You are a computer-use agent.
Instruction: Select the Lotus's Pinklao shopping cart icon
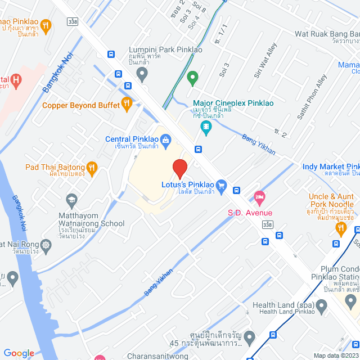[x=221, y=184]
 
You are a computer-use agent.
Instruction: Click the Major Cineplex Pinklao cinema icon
[x=206, y=129]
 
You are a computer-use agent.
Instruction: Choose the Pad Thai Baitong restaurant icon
[x=92, y=167]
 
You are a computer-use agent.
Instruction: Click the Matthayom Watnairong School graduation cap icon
[x=71, y=200]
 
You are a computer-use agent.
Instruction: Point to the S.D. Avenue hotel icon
[x=259, y=197]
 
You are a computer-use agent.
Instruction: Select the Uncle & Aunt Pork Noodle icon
[x=340, y=228]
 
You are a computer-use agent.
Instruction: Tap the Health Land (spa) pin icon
[x=322, y=307]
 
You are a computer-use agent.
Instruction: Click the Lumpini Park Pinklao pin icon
[x=142, y=74]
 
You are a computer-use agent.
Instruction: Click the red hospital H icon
[x=16, y=81]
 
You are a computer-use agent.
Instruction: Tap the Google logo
[x=19, y=353]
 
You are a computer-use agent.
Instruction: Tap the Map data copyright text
[x=335, y=355]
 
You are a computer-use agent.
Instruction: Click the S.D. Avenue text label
[x=250, y=213]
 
